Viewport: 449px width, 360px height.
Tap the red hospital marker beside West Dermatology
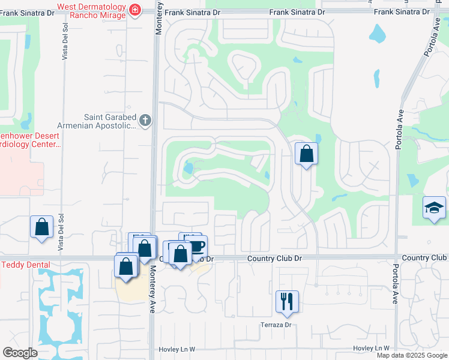tap(134, 10)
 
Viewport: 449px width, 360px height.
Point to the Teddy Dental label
tap(25, 265)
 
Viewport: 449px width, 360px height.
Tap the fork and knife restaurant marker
tap(286, 301)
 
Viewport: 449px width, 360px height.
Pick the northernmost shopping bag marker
tap(306, 154)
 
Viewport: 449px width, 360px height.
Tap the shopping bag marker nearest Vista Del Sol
tap(41, 227)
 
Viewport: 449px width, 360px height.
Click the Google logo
tap(19, 353)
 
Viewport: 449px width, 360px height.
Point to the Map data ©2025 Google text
tap(412, 355)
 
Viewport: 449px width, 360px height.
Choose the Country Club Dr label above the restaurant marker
tap(275, 258)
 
